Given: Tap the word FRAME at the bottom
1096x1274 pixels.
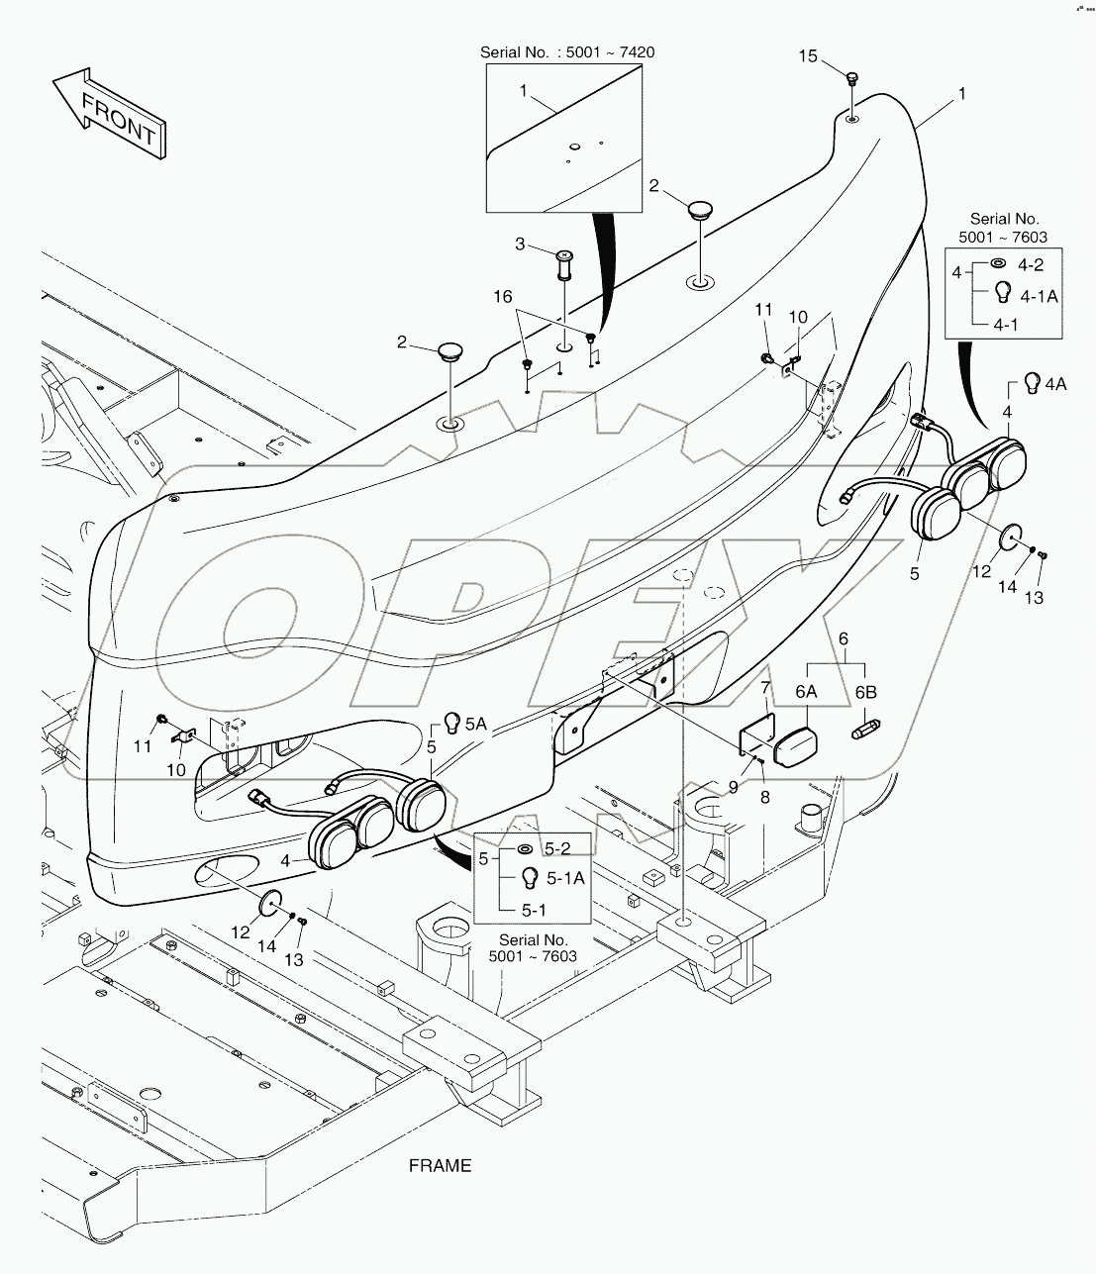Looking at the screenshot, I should click(x=441, y=1165).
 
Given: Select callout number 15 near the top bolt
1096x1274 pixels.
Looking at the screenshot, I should click(x=808, y=56).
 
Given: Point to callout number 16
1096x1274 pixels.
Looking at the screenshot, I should click(x=504, y=297).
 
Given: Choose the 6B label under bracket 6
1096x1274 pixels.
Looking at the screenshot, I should click(x=866, y=693).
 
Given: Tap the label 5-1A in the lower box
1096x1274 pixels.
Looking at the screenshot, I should click(x=565, y=877).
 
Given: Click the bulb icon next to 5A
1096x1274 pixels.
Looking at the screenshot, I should click(x=452, y=723).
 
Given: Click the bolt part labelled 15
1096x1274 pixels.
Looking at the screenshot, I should click(x=851, y=76).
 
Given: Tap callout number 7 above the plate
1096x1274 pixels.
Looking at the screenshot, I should click(x=765, y=686).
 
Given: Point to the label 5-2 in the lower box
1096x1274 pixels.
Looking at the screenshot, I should click(x=557, y=848).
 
